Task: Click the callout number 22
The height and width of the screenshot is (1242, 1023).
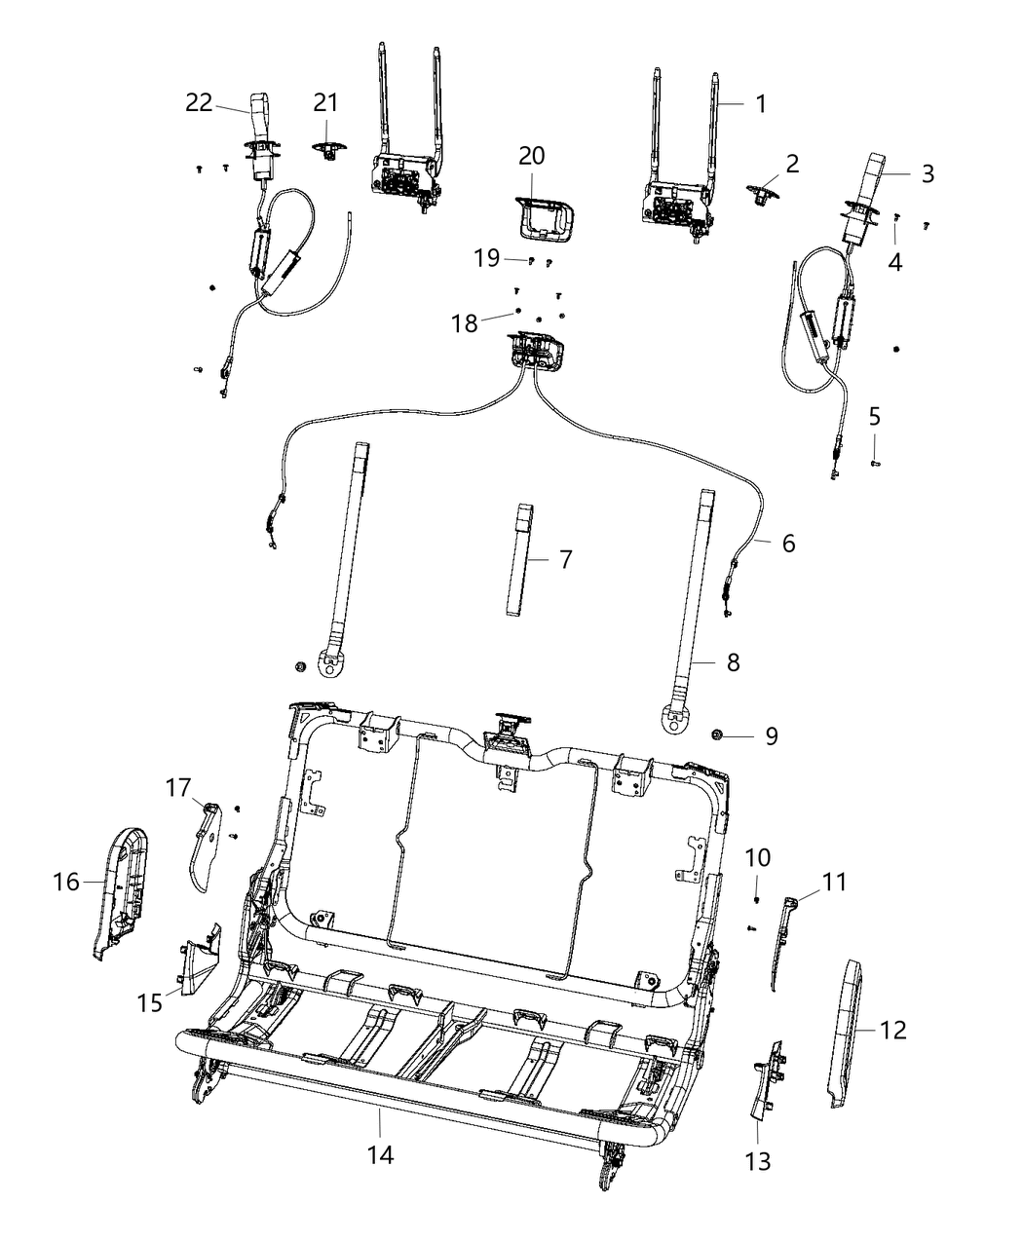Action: [x=199, y=102]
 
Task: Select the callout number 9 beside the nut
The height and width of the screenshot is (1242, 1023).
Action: [x=771, y=735]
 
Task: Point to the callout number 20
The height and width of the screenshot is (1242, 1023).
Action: [x=532, y=156]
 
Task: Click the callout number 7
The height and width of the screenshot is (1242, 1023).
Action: [x=565, y=559]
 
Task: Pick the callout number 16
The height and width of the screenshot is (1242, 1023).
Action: [x=66, y=882]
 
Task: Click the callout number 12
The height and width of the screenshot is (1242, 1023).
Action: [x=892, y=1030]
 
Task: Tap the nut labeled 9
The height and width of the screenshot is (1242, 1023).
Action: [x=717, y=734]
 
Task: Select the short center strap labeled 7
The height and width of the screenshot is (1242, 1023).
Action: [x=523, y=560]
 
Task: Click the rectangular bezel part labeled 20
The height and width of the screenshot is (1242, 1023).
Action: [x=540, y=215]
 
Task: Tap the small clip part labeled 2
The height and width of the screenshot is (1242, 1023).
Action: [x=761, y=190]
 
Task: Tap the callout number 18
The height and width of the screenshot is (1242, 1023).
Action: [x=465, y=323]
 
